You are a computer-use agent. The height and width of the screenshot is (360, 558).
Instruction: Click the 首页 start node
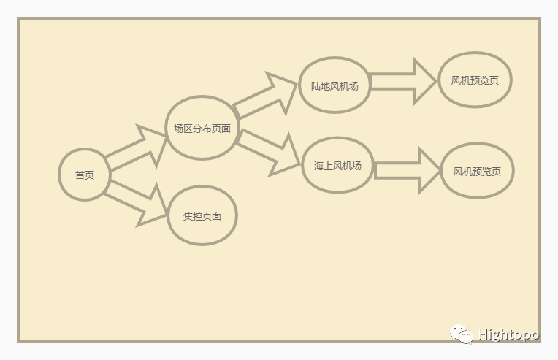point(85,175)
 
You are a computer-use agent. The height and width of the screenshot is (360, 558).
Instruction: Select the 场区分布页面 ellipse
point(202,128)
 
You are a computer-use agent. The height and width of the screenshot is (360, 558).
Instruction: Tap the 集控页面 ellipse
point(202,216)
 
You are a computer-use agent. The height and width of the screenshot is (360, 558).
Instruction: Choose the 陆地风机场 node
point(335,85)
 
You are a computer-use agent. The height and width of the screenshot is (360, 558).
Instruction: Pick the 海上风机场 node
point(337,166)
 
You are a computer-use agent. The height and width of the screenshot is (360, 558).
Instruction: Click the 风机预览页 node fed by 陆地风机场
point(475,80)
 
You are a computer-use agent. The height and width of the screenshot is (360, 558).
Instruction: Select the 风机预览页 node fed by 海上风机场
point(477,171)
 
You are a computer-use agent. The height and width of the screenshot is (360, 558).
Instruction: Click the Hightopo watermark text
point(508,334)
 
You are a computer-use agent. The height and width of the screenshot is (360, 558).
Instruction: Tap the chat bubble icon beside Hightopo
point(461,334)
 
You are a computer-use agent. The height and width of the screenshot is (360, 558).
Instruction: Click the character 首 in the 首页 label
point(80,175)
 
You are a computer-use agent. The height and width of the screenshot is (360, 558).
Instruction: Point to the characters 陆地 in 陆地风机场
point(321,86)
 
